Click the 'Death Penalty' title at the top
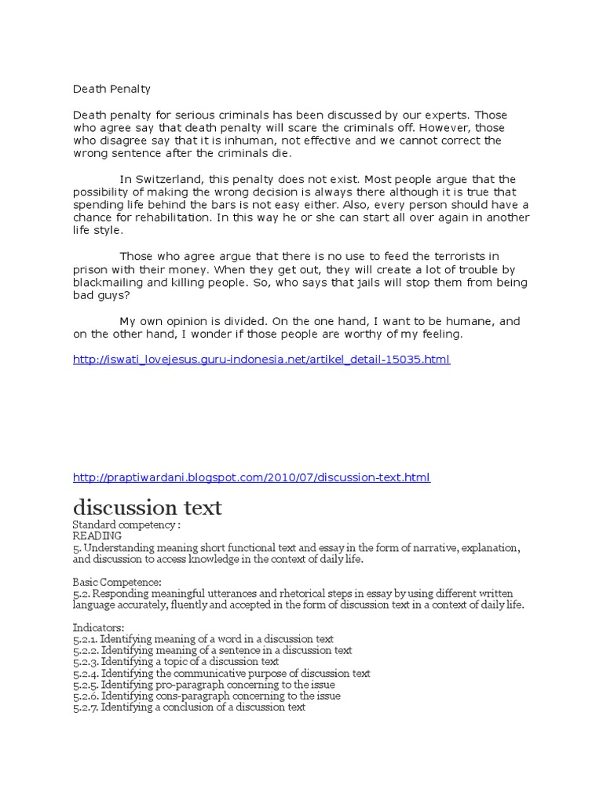[111, 89]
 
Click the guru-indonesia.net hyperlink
[261, 360]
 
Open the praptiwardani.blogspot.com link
[251, 477]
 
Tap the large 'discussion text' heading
[147, 507]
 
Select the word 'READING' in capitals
[99, 535]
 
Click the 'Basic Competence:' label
[117, 583]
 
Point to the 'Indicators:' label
[99, 628]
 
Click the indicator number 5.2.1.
[85, 639]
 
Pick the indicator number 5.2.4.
[85, 673]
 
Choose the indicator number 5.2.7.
[85, 707]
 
